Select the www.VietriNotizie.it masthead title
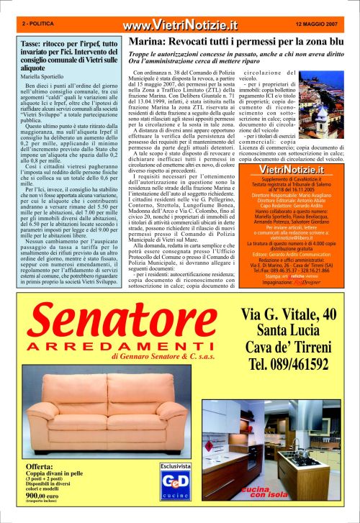pyautogui.click(x=179, y=26)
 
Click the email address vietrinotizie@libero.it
pyautogui.click(x=292, y=259)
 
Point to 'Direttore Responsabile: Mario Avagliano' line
pyautogui.click(x=292, y=214)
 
